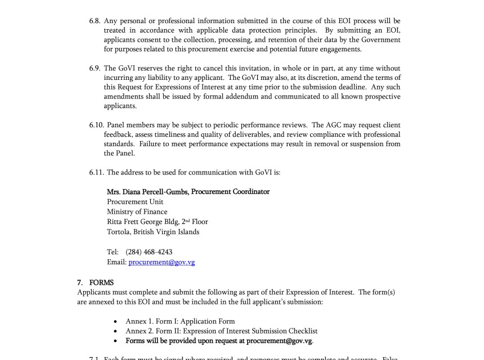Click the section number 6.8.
[x=95, y=21]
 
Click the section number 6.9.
[x=95, y=68]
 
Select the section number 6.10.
[x=96, y=125]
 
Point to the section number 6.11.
[x=96, y=173]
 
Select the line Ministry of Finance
[x=137, y=212]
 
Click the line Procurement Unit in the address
[x=135, y=202]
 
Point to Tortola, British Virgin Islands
[x=153, y=232]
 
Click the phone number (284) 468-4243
[x=149, y=252]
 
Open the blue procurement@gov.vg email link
[x=162, y=262]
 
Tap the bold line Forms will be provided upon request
[x=219, y=341]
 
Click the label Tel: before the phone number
[x=113, y=252]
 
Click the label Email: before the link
[x=116, y=262]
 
